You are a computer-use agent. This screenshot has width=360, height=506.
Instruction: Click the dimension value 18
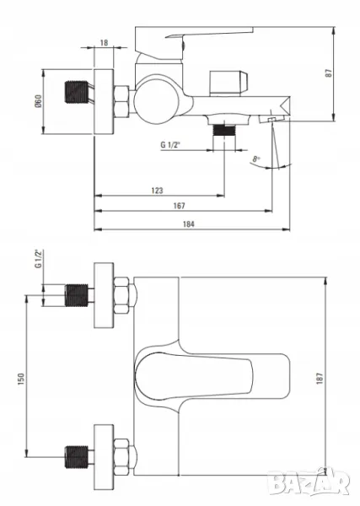coord(105,43)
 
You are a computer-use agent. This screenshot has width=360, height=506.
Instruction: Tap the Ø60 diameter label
coord(38,101)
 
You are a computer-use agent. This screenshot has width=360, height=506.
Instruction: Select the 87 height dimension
coord(329,73)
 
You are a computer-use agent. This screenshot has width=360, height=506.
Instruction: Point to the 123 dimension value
coord(157,191)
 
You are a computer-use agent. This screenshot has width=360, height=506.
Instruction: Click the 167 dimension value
coord(179,206)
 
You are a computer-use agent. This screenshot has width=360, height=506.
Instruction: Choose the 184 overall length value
coord(189,224)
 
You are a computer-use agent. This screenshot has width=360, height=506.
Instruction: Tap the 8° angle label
coord(256,159)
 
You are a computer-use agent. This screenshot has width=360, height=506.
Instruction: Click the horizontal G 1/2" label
coord(170,144)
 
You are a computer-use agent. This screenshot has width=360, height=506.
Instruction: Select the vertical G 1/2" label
coord(39,259)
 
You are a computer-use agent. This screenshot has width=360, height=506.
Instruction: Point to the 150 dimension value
coord(21,379)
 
